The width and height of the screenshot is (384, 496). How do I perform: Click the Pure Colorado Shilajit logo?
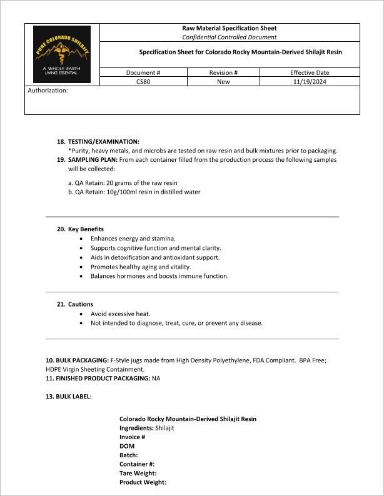pyautogui.click(x=62, y=54)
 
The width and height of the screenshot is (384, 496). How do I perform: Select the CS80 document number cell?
pyautogui.click(x=143, y=81)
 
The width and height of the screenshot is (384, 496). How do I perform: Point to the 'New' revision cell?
pyautogui.click(x=223, y=81)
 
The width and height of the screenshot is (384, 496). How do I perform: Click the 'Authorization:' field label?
pyautogui.click(x=48, y=91)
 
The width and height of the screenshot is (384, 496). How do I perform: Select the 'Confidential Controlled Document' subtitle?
pyautogui.click(x=229, y=37)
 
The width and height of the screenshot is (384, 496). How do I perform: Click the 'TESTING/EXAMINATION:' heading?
pyautogui.click(x=104, y=142)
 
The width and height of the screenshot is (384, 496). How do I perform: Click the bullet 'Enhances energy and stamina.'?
pyautogui.click(x=133, y=239)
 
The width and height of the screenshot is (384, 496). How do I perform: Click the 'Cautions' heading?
pyautogui.click(x=81, y=304)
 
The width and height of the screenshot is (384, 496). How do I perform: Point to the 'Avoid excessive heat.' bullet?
pyautogui.click(x=121, y=314)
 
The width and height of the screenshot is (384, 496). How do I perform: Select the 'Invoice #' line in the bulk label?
pyautogui.click(x=132, y=437)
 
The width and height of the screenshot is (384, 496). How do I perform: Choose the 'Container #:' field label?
pyautogui.click(x=137, y=464)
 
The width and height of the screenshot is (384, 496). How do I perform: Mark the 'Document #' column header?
pyautogui.click(x=143, y=72)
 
